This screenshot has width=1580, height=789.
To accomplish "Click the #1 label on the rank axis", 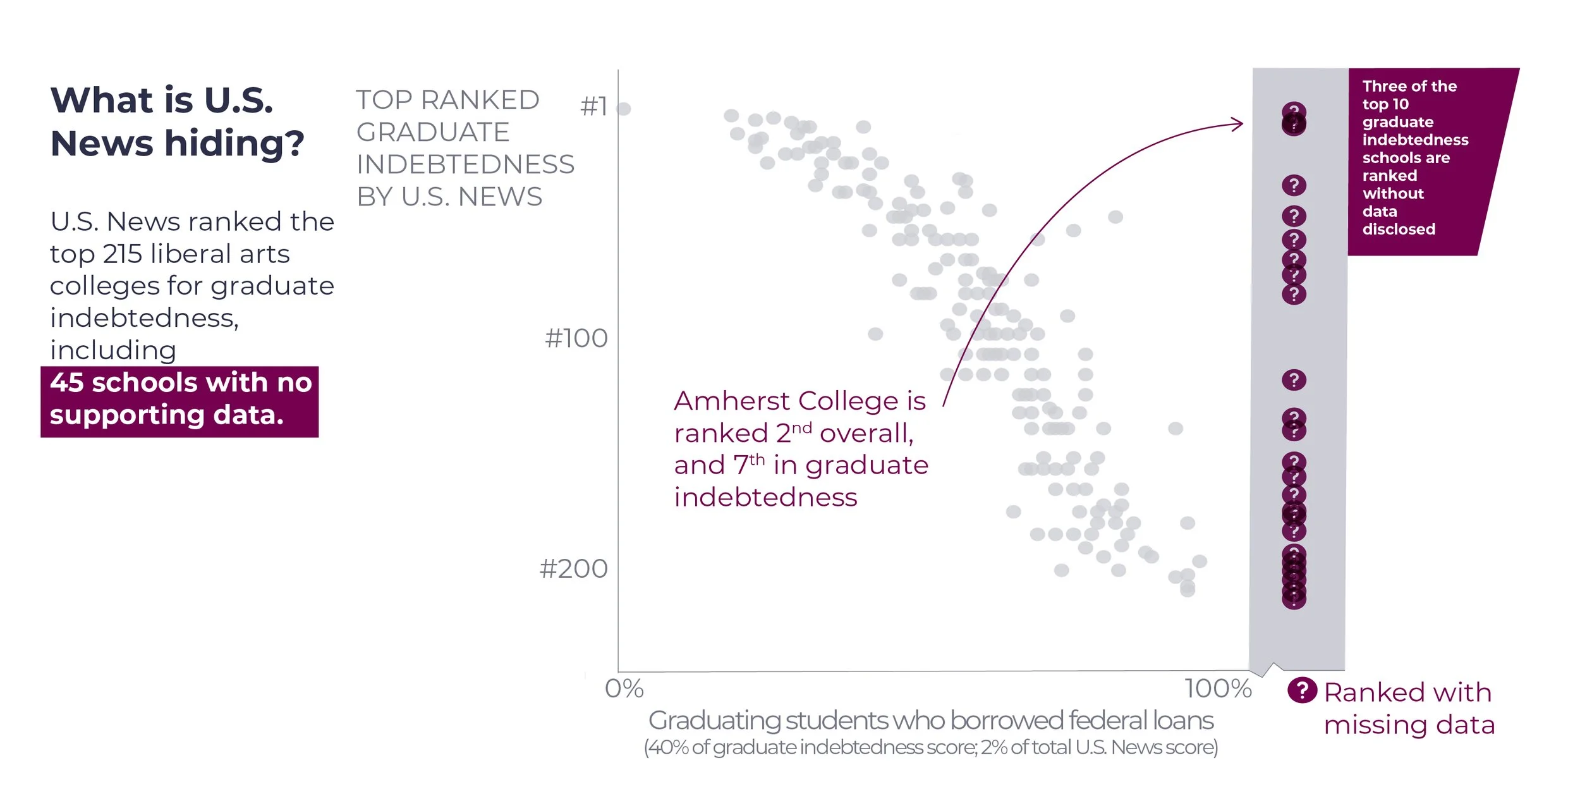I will (x=593, y=107).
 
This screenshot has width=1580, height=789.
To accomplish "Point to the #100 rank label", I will (x=576, y=339).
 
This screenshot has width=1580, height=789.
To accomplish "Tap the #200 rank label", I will (x=573, y=569).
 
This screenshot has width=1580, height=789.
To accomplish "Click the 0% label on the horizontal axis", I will (x=624, y=688).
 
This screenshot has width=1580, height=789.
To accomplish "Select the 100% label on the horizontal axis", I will (x=1218, y=688).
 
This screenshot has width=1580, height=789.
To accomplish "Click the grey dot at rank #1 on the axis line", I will (x=624, y=109).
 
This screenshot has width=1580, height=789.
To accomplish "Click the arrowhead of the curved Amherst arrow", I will (x=1239, y=124).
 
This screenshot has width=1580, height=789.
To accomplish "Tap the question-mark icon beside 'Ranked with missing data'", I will (x=1302, y=690).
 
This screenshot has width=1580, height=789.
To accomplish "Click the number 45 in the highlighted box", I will (x=67, y=383).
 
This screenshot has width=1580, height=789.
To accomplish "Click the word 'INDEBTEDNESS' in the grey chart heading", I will (x=465, y=165).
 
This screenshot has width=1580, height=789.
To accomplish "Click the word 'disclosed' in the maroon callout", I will (x=1398, y=229).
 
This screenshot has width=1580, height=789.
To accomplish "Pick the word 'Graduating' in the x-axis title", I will (x=715, y=721).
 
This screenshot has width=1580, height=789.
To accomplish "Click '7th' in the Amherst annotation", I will (x=750, y=465).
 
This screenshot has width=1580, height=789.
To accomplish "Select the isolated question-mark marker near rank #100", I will (x=1294, y=380).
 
